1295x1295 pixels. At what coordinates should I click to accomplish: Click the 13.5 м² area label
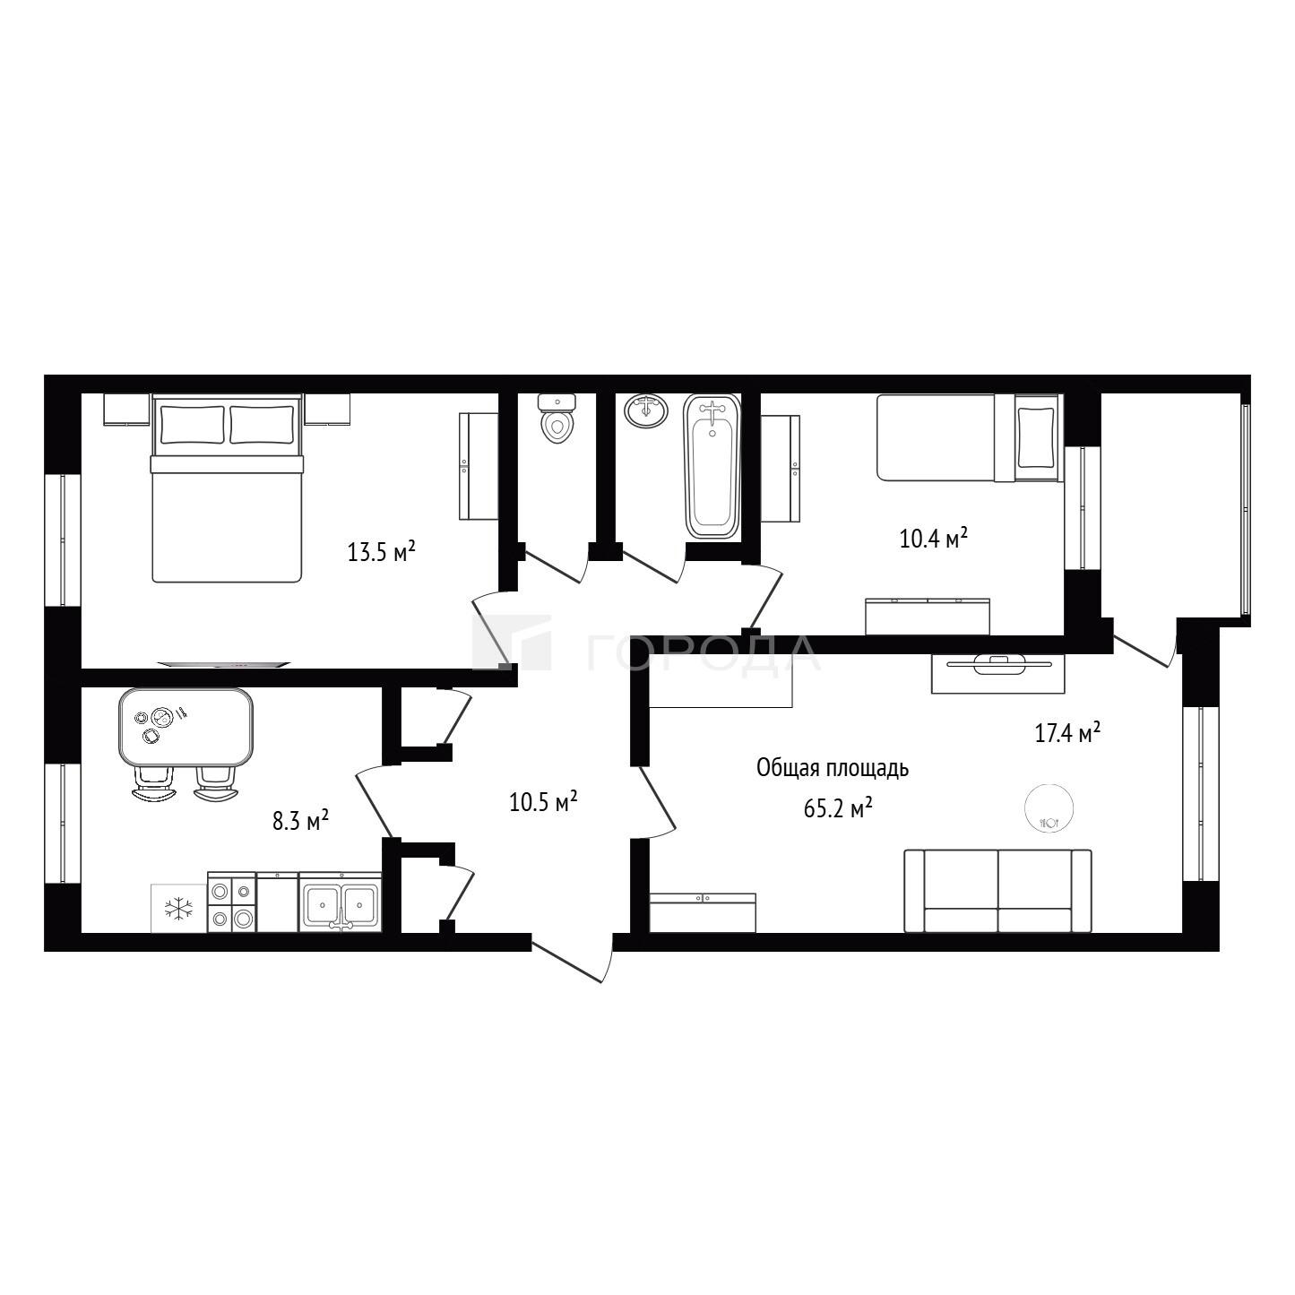click(381, 551)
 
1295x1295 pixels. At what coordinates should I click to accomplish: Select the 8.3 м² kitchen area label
click(300, 820)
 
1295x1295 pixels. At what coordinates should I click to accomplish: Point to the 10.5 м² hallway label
click(544, 801)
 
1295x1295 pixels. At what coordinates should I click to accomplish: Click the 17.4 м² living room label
click(1067, 732)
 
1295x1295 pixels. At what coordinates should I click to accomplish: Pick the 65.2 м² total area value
click(838, 808)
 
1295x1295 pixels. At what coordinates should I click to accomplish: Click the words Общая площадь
click(833, 768)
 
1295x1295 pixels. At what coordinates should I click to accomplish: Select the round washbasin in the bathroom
click(646, 410)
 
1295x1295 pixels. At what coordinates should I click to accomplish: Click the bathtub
click(712, 466)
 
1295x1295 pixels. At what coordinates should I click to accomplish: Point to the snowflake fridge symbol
click(178, 910)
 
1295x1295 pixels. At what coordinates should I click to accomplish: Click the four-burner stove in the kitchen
click(232, 902)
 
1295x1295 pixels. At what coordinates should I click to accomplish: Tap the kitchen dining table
click(186, 727)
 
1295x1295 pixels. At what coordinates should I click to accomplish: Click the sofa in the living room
click(997, 891)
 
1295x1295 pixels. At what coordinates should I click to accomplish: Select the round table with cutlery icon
click(1049, 807)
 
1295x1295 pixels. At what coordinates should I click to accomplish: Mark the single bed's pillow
click(1037, 437)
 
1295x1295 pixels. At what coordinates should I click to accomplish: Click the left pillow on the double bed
click(192, 424)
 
